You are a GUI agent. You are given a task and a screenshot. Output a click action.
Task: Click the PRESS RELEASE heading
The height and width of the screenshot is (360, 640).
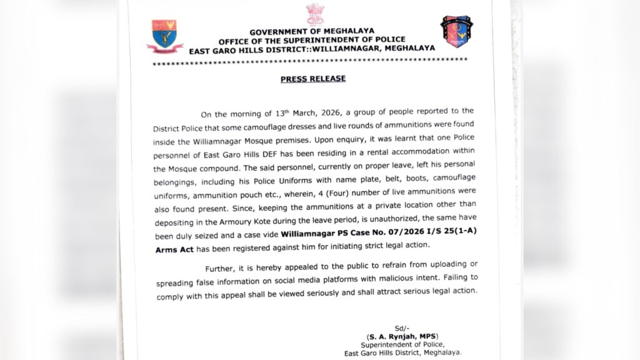[313, 79]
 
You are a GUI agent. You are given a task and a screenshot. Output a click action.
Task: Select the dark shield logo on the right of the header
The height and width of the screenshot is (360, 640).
[456, 32]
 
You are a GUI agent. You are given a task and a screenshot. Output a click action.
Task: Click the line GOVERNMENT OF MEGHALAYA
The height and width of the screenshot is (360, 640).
[314, 32]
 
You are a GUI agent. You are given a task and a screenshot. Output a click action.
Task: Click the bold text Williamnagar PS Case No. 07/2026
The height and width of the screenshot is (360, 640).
[359, 232]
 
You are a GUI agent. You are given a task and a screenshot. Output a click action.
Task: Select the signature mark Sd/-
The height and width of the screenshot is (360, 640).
[401, 329]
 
